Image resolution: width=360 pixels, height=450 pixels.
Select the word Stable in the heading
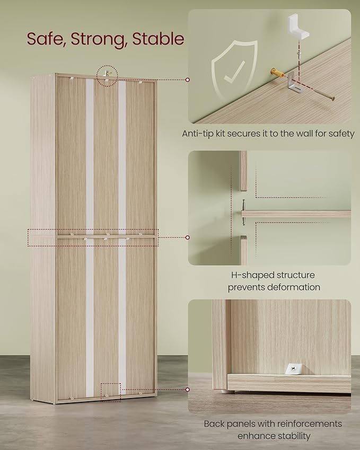coord(158,39)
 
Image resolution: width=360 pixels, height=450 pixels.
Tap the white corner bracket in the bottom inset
coord(293,368)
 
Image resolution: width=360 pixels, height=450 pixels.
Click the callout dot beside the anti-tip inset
coord(188,80)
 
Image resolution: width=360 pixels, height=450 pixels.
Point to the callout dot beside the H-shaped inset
coord(188,237)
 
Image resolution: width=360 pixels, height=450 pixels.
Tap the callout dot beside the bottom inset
coord(188,390)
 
